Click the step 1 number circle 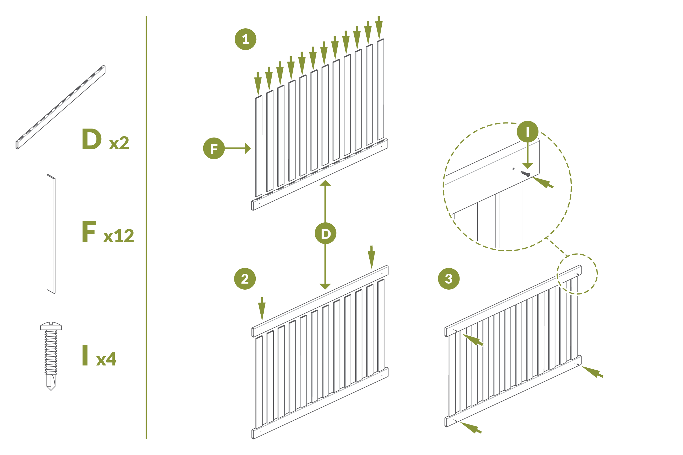[245, 39]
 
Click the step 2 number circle [245, 279]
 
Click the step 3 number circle [449, 279]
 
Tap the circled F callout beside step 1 [214, 148]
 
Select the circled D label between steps [326, 234]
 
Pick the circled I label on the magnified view [528, 132]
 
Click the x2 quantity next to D [119, 143]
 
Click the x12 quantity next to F [119, 236]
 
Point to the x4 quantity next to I [106, 359]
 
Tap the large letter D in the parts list [92, 139]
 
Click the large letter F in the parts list [89, 231]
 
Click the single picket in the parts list [51, 234]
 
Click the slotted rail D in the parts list [60, 107]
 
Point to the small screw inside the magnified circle [525, 174]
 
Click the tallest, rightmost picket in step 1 [380, 90]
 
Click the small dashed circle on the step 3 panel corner [577, 274]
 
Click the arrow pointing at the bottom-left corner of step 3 [471, 428]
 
